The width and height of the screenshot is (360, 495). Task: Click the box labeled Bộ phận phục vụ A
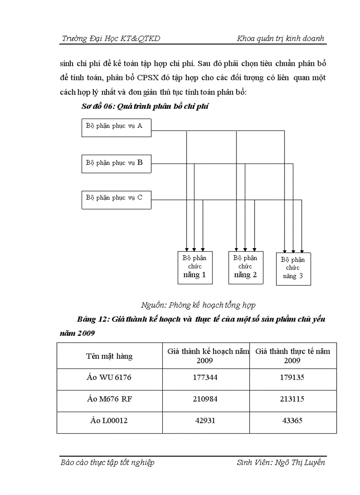(x=116, y=127)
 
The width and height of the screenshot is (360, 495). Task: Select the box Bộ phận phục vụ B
(x=116, y=163)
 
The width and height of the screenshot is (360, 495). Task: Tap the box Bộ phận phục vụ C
(x=116, y=199)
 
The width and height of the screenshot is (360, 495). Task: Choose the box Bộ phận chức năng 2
(x=245, y=267)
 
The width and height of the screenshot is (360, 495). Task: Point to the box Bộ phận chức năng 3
(x=293, y=269)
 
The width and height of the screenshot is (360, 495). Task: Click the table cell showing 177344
(x=206, y=378)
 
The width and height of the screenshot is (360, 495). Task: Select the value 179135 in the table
(x=292, y=378)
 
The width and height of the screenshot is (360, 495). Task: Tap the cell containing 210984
(x=206, y=399)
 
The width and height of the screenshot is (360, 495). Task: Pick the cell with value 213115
(x=292, y=399)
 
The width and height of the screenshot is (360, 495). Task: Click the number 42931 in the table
(x=206, y=421)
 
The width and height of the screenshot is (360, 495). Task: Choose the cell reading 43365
(x=292, y=421)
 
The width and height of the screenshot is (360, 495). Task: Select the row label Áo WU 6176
(x=109, y=378)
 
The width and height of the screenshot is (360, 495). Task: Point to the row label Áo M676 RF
(x=109, y=399)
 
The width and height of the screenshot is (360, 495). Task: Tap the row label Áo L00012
(x=109, y=421)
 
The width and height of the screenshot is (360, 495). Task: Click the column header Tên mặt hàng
(x=109, y=356)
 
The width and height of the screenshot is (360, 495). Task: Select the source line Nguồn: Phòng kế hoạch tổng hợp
(x=198, y=305)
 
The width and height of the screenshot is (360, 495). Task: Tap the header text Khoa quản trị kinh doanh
(x=280, y=39)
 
